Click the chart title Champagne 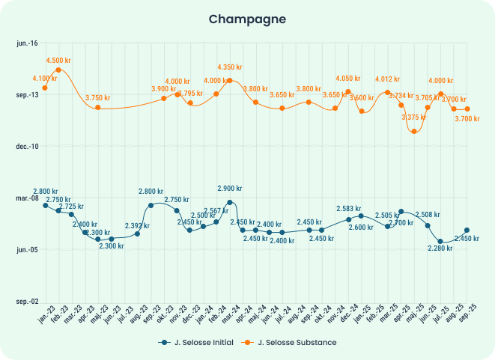(x=247, y=18)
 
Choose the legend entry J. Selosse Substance (x=292, y=342)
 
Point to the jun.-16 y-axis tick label (x=27, y=43)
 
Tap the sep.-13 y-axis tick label (x=27, y=95)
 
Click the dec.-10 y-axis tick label (x=27, y=147)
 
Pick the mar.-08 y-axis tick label (x=27, y=198)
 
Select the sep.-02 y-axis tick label (x=27, y=302)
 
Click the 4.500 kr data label (x=58, y=60)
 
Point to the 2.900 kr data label (x=230, y=189)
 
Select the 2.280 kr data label (x=439, y=248)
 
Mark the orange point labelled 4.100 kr (x=45, y=88)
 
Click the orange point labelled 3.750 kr (x=98, y=108)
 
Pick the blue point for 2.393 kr (x=138, y=234)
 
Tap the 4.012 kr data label (x=387, y=79)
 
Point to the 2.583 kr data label (x=349, y=210)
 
